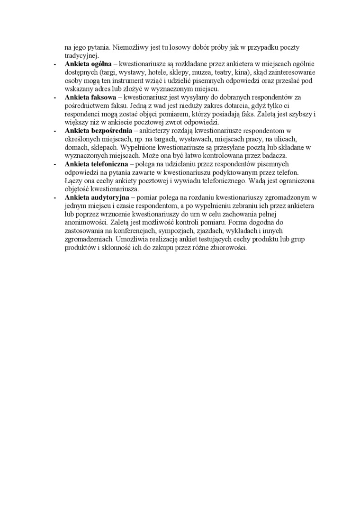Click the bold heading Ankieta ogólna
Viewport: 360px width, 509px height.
88,63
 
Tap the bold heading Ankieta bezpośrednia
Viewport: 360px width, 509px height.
98,131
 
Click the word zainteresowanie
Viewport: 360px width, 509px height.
293,72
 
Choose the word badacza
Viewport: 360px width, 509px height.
275,155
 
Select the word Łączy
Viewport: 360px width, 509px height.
73,181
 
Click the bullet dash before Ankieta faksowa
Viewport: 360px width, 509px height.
55,98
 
